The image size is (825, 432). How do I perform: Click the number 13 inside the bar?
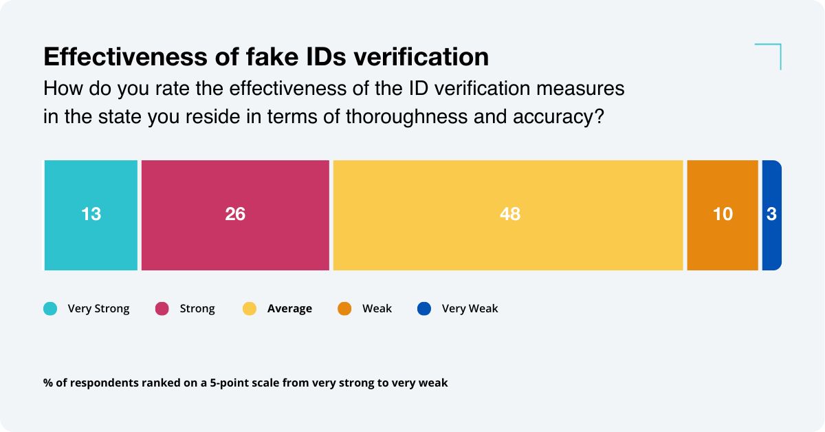coord(91,215)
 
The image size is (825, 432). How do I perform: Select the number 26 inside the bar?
coord(235,215)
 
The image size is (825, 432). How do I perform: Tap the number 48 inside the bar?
coord(510,215)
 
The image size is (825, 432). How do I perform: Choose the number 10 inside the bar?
coord(723,215)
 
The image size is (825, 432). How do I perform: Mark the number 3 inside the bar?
coord(771,215)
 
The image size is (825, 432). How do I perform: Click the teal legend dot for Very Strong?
coord(50,309)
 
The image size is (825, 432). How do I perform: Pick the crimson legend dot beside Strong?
coord(162,309)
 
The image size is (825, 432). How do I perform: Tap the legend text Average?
coord(289,309)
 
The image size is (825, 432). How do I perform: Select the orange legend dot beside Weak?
coord(344,309)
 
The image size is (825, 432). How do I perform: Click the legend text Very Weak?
coord(470,309)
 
